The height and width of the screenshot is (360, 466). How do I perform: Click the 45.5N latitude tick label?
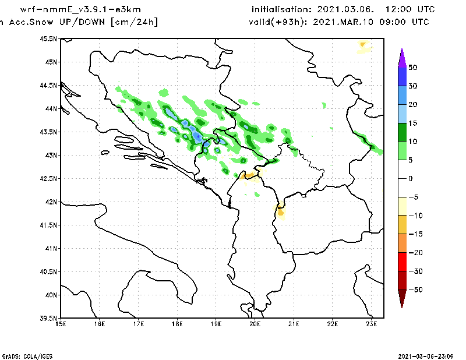click(x=50, y=39)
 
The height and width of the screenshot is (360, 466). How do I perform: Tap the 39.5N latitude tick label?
click(x=50, y=319)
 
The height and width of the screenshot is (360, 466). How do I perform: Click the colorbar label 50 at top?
click(x=412, y=68)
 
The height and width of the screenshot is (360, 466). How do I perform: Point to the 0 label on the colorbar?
click(x=410, y=179)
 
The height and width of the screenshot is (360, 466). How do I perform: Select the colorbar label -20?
click(x=413, y=253)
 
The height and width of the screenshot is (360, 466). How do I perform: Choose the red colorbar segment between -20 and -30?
click(x=402, y=262)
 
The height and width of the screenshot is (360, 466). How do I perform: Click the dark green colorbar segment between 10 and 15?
click(x=402, y=132)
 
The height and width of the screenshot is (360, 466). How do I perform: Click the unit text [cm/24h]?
click(x=133, y=22)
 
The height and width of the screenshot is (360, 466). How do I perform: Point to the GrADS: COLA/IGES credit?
click(x=24, y=355)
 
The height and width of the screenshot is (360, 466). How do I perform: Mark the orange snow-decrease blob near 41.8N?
click(x=281, y=212)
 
